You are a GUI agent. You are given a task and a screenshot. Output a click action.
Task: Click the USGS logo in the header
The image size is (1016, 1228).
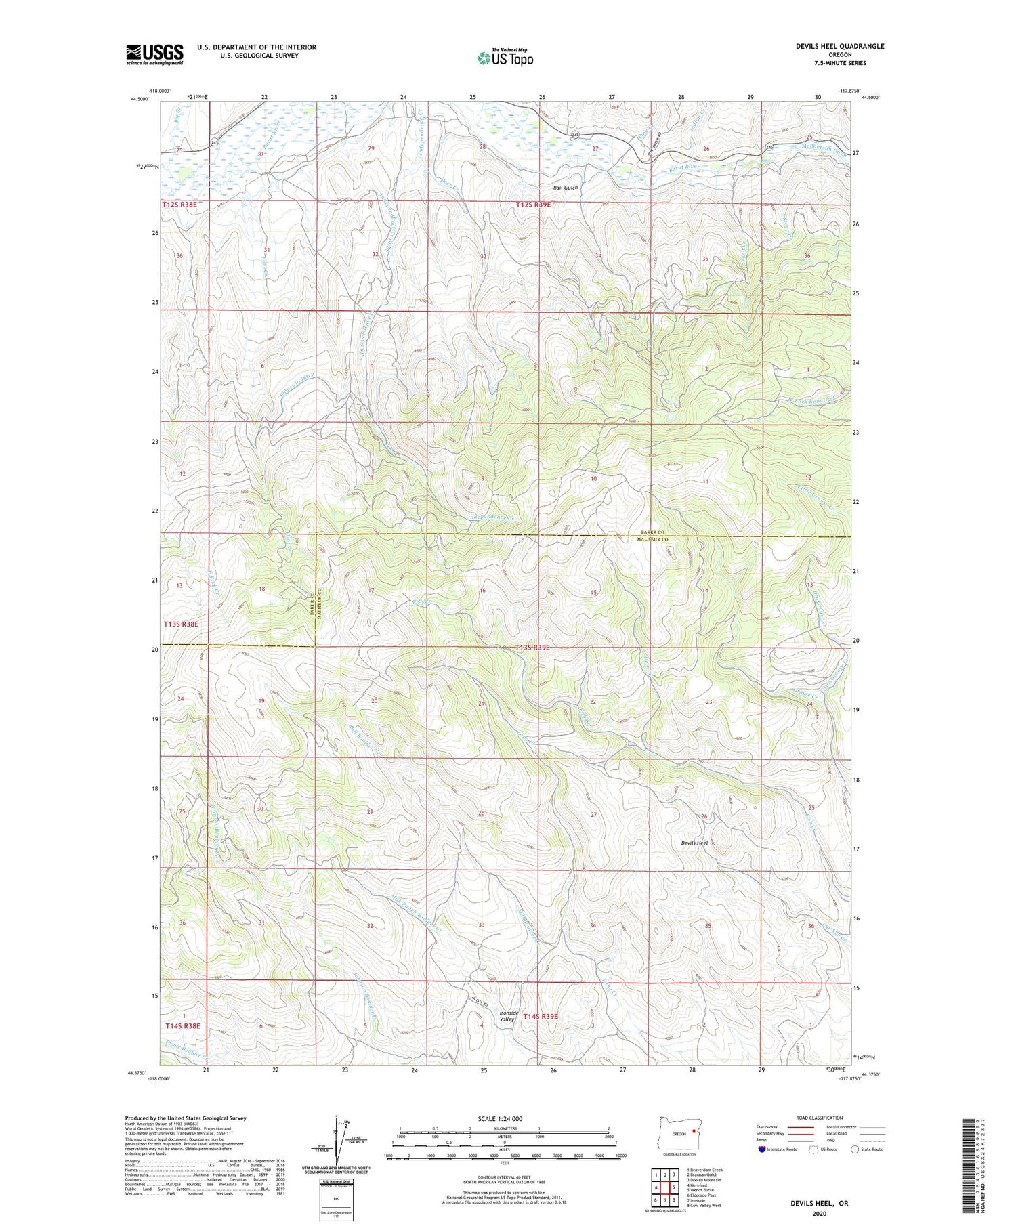154,54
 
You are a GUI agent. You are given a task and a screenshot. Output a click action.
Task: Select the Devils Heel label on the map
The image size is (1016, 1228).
694,843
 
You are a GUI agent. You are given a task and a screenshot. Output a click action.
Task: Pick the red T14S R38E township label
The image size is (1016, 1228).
183,1025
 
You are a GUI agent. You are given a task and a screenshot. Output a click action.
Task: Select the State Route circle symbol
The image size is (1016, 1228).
855,1149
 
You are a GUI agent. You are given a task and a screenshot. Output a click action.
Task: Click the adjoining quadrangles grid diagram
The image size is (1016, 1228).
664,1187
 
